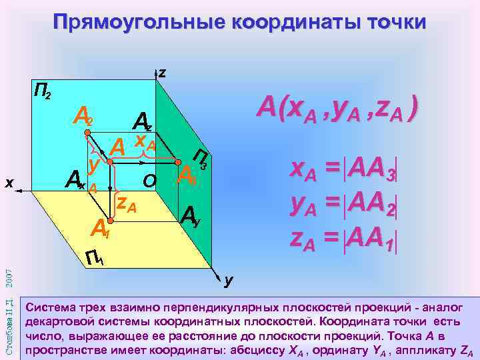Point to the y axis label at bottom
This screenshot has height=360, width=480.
click(228, 281)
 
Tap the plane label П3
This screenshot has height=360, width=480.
click(201, 159)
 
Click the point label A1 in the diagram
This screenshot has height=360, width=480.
click(100, 229)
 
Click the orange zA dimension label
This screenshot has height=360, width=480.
click(127, 204)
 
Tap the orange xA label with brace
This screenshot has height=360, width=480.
click(145, 141)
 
